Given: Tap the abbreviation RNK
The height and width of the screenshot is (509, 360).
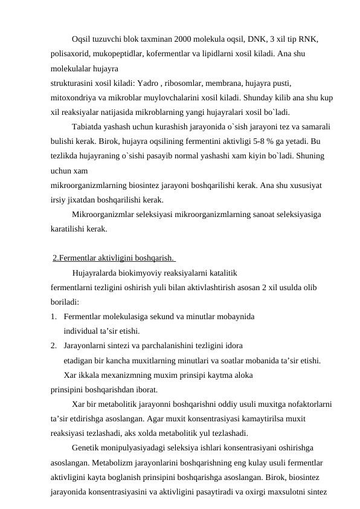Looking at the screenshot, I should [308, 40].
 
